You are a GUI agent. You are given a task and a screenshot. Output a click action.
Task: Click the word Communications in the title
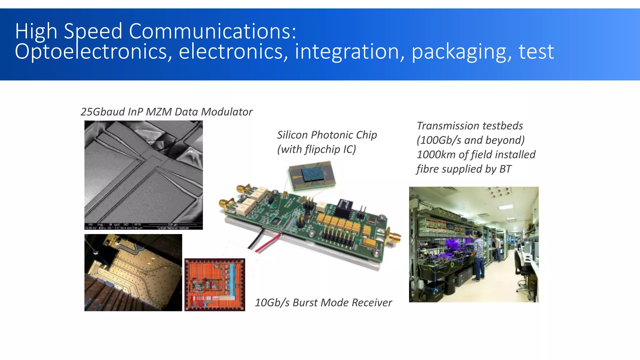(212, 31)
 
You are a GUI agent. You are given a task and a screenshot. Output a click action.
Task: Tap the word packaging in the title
(462, 52)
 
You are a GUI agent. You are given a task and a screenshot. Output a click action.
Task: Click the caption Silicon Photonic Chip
(327, 135)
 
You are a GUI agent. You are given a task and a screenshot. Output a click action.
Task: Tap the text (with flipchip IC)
(317, 149)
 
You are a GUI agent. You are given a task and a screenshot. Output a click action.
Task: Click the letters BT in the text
(505, 169)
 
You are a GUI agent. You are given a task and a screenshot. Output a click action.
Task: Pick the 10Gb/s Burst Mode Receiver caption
(323, 302)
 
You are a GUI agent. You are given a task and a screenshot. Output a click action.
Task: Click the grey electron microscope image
(143, 172)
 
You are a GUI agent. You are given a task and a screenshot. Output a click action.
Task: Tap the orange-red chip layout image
(215, 285)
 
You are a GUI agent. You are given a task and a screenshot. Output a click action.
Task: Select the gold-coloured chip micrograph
(133, 272)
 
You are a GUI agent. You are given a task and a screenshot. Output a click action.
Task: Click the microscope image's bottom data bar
(143, 226)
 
